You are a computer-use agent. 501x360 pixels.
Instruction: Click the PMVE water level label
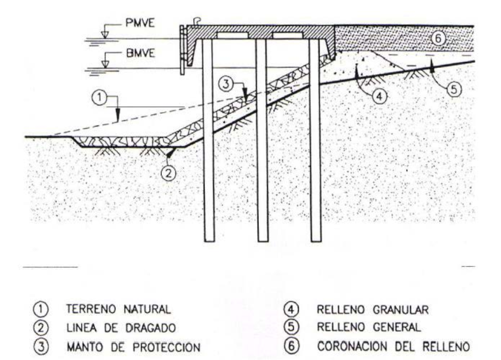pyautogui.click(x=140, y=23)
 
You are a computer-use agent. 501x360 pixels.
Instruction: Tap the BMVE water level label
pyautogui.click(x=140, y=53)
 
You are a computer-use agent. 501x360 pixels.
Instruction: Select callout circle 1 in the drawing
pyautogui.click(x=100, y=97)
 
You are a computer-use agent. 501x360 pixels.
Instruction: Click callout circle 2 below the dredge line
pyautogui.click(x=169, y=173)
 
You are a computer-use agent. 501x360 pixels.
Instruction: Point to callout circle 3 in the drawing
pyautogui.click(x=226, y=84)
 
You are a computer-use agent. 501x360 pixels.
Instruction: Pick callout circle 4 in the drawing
pyautogui.click(x=380, y=96)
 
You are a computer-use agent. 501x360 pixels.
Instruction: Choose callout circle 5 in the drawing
pyautogui.click(x=454, y=89)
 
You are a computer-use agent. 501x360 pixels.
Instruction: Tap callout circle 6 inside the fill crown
pyautogui.click(x=438, y=38)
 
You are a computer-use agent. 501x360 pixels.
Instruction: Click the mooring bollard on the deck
pyautogui.click(x=197, y=22)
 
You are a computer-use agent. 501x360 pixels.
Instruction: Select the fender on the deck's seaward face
pyautogui.click(x=182, y=50)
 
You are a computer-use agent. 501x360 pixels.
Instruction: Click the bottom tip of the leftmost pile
pyautogui.click(x=209, y=241)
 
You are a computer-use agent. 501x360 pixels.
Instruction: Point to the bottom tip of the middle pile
pyautogui.click(x=263, y=241)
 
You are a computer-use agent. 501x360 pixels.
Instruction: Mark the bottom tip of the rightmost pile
pyautogui.click(x=316, y=241)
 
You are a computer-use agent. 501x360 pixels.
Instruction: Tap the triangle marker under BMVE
pyautogui.click(x=105, y=64)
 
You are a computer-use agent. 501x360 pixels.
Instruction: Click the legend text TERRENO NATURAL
pyautogui.click(x=118, y=309)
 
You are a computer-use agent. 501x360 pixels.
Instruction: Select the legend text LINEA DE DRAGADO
pyautogui.click(x=121, y=328)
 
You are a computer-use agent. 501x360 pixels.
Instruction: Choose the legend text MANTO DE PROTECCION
pyautogui.click(x=133, y=347)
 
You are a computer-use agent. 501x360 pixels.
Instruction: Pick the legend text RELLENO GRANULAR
pyautogui.click(x=373, y=309)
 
